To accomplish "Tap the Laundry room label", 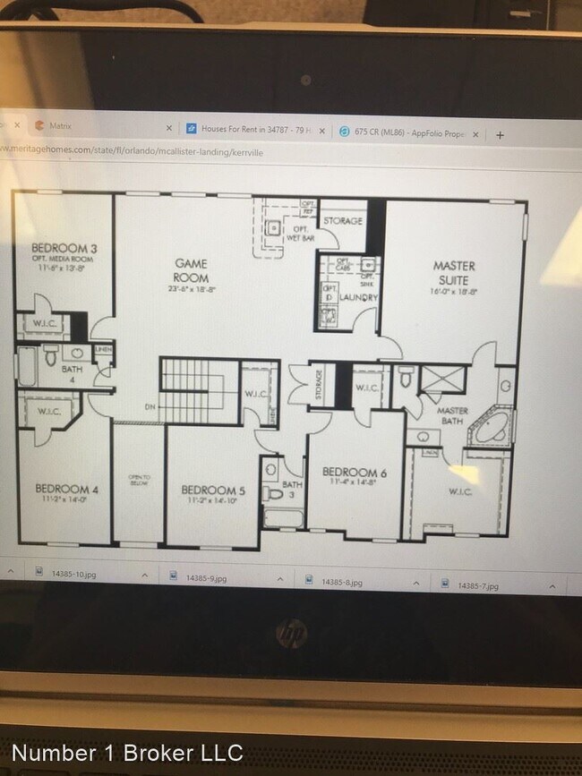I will tap(358, 297).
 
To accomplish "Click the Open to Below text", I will tap(139, 480).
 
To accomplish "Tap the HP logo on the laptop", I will tap(291, 635).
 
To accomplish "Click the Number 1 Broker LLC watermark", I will tap(126, 754).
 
